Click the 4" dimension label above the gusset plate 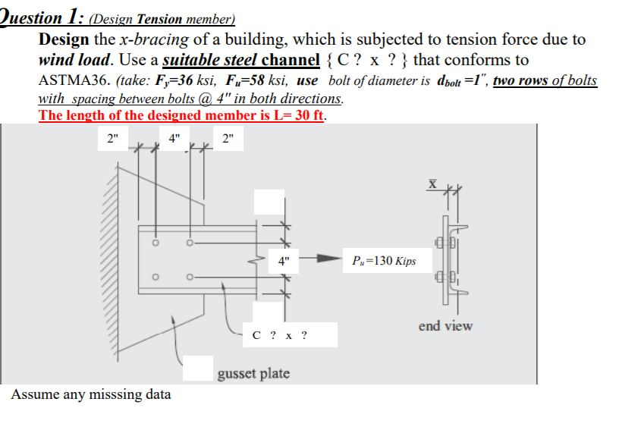click(174, 139)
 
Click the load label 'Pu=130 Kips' click(384, 261)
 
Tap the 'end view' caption click(445, 326)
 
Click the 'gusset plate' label click(253, 373)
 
